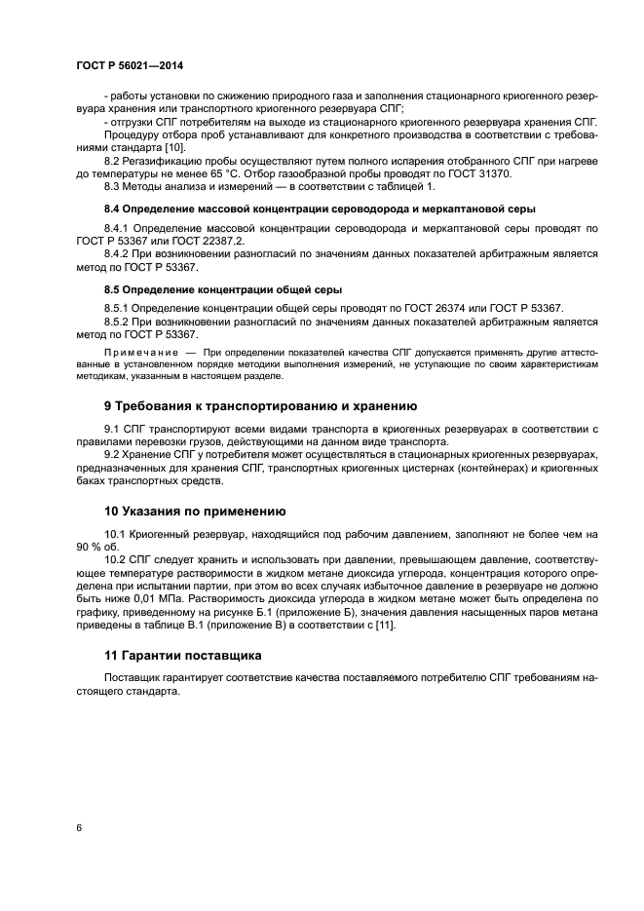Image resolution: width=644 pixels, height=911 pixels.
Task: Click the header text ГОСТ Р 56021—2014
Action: click(x=129, y=66)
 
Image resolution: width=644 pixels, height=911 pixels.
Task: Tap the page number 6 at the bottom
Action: click(x=78, y=827)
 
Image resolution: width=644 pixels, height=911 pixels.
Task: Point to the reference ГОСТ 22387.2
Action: click(x=213, y=241)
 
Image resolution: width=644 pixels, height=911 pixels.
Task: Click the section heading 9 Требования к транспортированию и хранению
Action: click(x=260, y=406)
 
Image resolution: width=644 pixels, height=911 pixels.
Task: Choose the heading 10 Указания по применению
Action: click(x=194, y=511)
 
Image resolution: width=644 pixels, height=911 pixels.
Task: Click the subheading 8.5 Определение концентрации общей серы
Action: click(x=222, y=289)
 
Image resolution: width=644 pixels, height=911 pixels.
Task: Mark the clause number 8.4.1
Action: click(x=118, y=228)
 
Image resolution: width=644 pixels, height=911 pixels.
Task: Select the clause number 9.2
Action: click(x=112, y=455)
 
